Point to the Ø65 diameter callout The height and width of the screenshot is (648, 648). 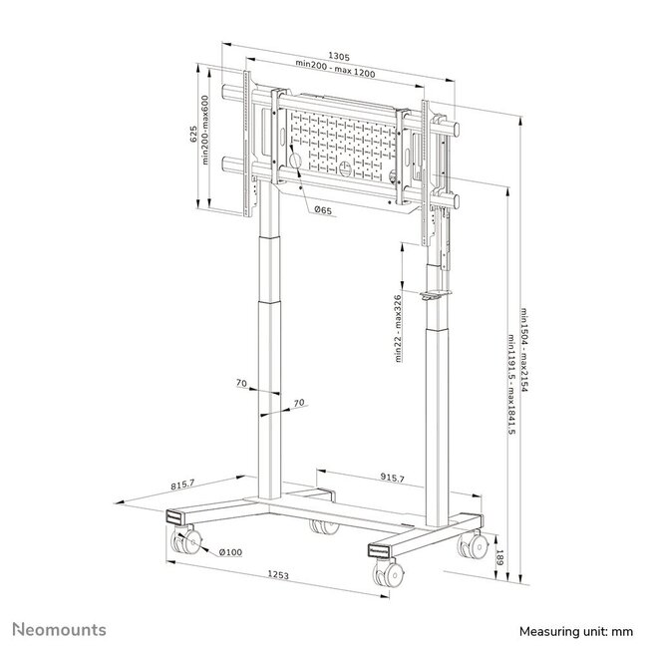point(322,210)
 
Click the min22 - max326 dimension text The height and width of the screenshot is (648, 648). point(399,329)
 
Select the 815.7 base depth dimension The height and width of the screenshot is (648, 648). point(181,485)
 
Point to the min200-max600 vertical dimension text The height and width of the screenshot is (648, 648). point(206,144)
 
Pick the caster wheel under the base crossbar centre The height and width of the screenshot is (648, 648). point(320,526)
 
